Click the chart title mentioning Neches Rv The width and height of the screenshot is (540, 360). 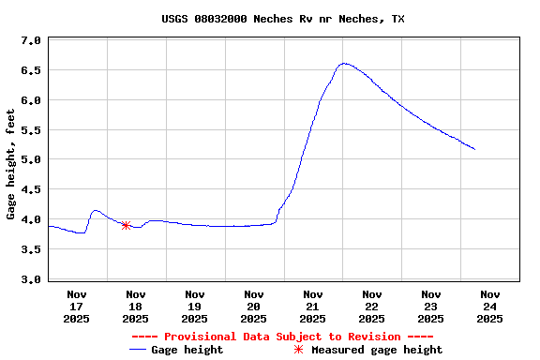coord(270,19)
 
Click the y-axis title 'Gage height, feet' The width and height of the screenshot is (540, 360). coord(10,164)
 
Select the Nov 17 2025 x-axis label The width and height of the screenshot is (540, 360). coord(77,306)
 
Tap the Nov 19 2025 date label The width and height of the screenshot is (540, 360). coord(195,306)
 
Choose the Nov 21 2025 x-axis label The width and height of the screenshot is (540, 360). coord(313,306)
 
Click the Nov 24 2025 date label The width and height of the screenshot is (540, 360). coord(489,306)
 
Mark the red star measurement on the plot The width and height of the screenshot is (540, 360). coord(126,225)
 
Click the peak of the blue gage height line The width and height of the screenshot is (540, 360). coord(344,64)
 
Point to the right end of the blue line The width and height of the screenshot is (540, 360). coord(474,149)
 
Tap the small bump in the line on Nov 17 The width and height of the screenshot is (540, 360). coord(95,211)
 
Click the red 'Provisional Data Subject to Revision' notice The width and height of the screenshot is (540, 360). coord(282,337)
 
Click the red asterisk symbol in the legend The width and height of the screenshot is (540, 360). coord(299,350)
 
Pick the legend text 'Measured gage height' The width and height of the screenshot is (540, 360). coord(377,350)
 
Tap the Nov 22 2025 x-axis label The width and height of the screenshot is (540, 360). coord(371,306)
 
